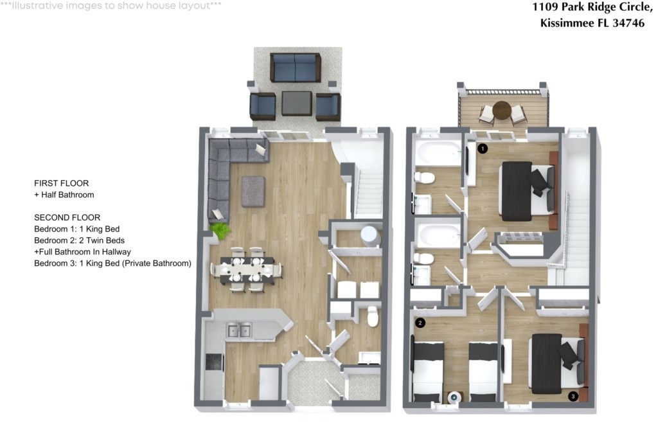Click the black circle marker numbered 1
pyautogui.click(x=483, y=148)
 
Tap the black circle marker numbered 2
pyautogui.click(x=420, y=323)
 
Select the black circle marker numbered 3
pyautogui.click(x=573, y=396)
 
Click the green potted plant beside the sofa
pyautogui.click(x=220, y=230)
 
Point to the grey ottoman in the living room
pyautogui.click(x=253, y=192)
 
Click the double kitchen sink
pyautogui.click(x=239, y=330)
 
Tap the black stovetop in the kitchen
pyautogui.click(x=214, y=362)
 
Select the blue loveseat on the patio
pyautogui.click(x=296, y=67)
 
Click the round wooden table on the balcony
pyautogui.click(x=502, y=111)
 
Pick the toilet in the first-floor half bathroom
pyautogui.click(x=373, y=316)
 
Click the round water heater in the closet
pyautogui.click(x=370, y=237)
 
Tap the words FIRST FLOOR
pyautogui.click(x=61, y=183)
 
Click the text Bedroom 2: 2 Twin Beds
pyautogui.click(x=79, y=240)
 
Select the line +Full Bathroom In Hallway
pyautogui.click(x=82, y=252)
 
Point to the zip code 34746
pyautogui.click(x=628, y=22)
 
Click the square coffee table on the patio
pyautogui.click(x=297, y=103)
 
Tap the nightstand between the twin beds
pyautogui.click(x=454, y=397)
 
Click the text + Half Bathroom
pyautogui.click(x=64, y=195)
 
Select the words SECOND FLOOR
pyautogui.click(x=67, y=217)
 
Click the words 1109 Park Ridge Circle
pyautogui.click(x=592, y=7)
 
